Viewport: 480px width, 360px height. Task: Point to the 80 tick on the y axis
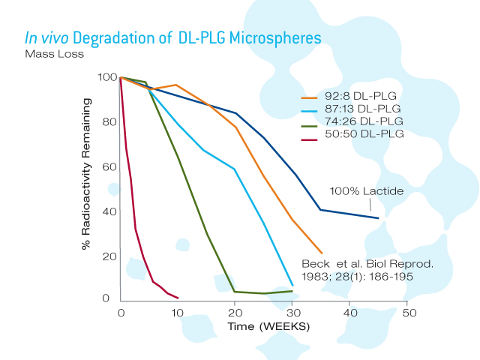point(109,122)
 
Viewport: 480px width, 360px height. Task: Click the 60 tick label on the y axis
point(109,166)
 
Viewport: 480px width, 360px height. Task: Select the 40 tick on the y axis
point(109,211)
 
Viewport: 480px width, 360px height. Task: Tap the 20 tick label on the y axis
point(109,256)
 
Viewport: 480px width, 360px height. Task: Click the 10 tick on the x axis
point(178,312)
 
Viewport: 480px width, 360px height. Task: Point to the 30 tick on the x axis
point(292,312)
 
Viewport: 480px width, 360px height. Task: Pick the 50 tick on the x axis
point(406,312)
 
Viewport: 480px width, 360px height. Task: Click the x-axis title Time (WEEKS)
point(268,327)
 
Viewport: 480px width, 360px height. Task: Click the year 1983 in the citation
point(315,277)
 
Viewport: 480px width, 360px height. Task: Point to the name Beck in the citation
point(314,265)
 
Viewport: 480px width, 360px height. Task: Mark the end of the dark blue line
point(378,218)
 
